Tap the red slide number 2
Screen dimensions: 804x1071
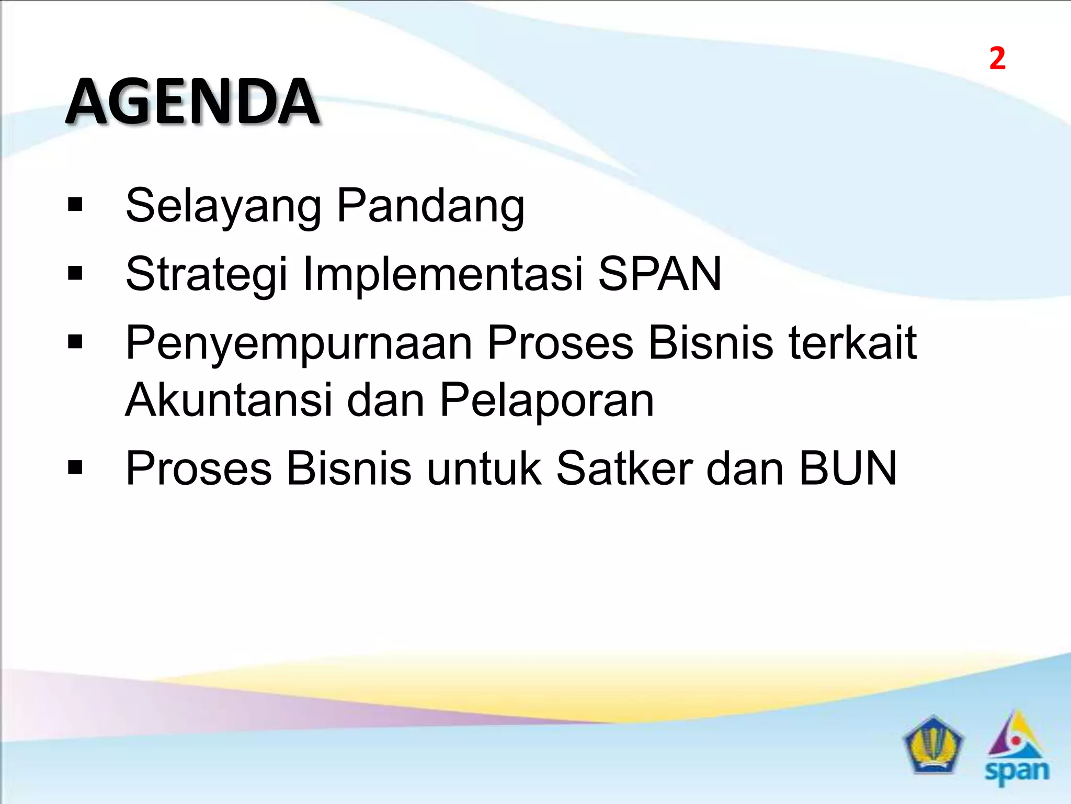coord(997,59)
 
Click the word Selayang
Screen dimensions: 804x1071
coord(223,206)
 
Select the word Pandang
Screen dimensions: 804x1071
coord(430,206)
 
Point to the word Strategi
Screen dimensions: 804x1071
coord(207,274)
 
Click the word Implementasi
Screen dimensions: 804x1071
coord(442,274)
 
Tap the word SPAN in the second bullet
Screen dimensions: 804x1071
coord(659,274)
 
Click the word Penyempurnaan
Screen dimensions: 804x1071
coord(299,343)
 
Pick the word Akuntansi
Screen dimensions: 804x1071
coord(229,400)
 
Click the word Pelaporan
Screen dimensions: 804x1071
coord(546,400)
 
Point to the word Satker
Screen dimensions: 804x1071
coord(624,468)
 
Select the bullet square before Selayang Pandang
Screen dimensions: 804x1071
coord(75,205)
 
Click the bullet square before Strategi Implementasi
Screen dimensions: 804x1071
coord(75,273)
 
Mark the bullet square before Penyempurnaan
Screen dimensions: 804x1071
coord(75,342)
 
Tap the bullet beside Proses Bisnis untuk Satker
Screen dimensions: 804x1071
coord(75,467)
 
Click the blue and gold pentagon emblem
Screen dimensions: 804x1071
coord(933,745)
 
